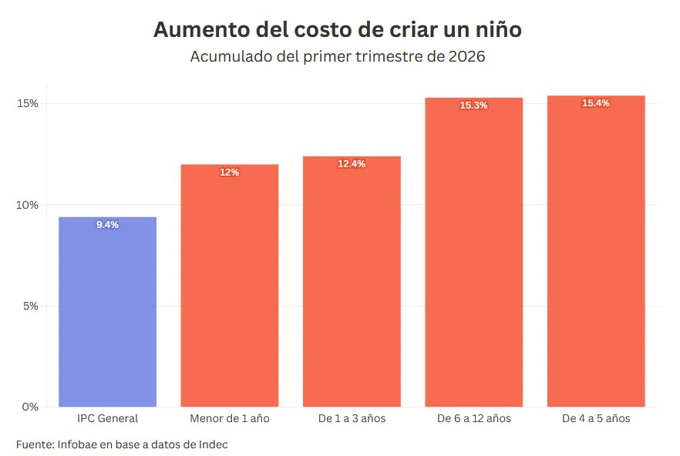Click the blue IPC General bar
[x=108, y=312]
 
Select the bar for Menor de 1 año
[x=230, y=285]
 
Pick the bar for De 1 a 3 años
[x=352, y=281]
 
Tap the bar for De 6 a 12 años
[x=473, y=252]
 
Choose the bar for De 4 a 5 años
[x=596, y=251]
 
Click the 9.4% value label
[x=108, y=224]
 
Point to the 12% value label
[x=230, y=172]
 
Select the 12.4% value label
[x=352, y=164]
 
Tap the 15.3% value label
[x=473, y=106]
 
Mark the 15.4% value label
[x=596, y=103]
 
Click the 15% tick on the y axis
[x=27, y=103]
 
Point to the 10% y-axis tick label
[x=27, y=205]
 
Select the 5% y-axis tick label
[x=31, y=306]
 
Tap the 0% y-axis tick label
[x=30, y=407]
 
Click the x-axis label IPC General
[x=108, y=418]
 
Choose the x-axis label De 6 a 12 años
[x=474, y=418]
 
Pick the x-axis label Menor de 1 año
[x=230, y=418]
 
